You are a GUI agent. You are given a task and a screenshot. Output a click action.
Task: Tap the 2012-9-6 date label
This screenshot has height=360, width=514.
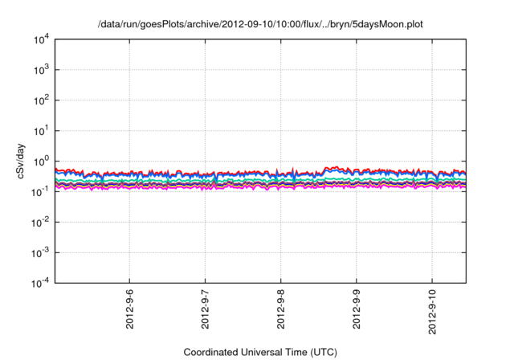click(x=130, y=309)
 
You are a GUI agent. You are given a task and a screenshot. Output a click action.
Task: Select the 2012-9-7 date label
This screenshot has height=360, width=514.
click(x=206, y=309)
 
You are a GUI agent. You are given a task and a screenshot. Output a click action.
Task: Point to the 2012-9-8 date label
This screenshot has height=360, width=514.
click(x=281, y=309)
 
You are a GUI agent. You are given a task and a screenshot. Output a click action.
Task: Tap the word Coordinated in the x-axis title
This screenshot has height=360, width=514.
click(x=211, y=352)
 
